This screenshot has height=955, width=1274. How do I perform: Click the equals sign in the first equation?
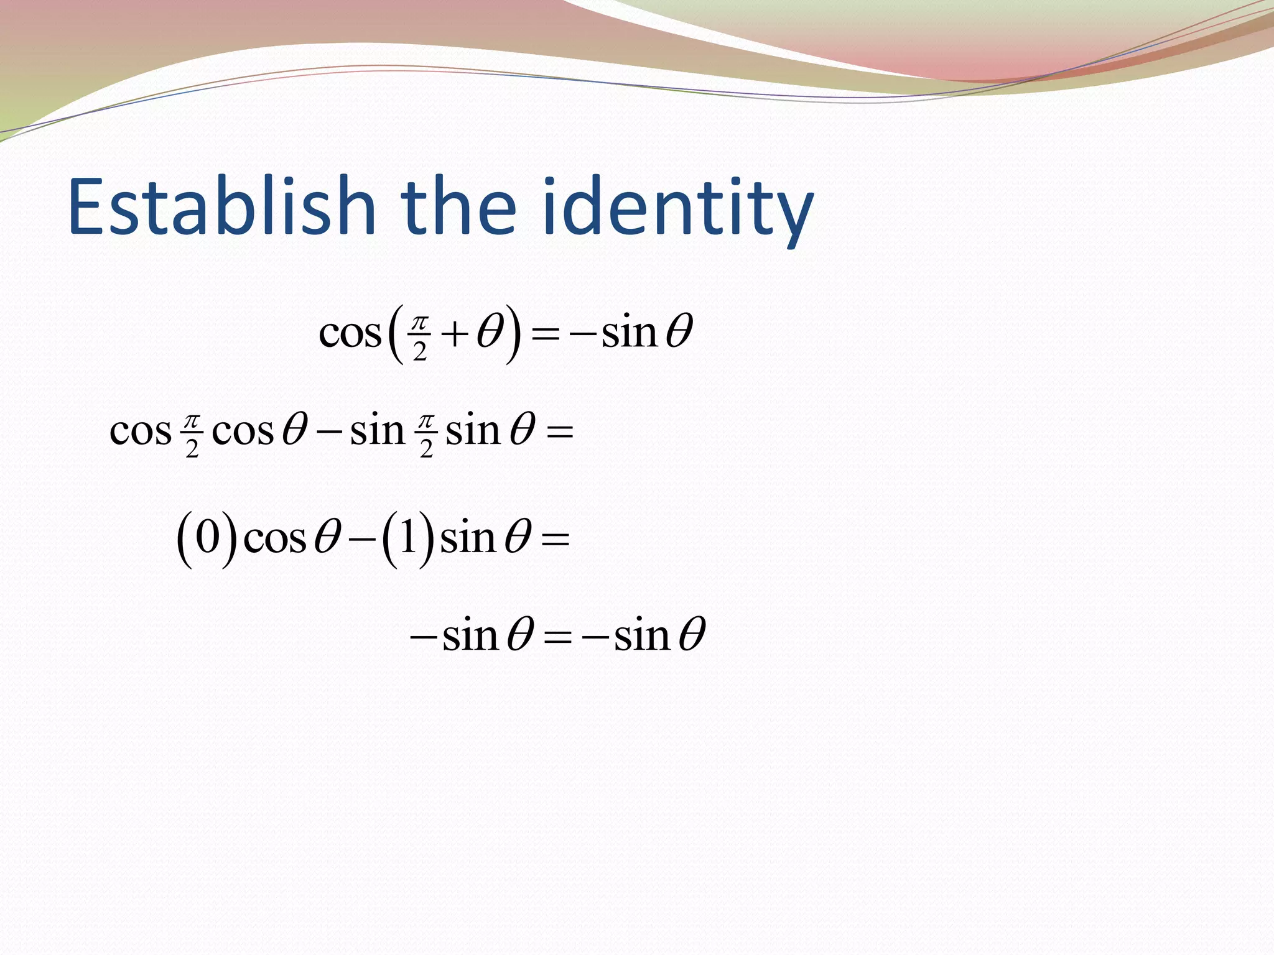[x=546, y=336]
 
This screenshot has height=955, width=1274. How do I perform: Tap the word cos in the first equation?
[x=350, y=334]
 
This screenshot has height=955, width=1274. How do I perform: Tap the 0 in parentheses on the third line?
[x=208, y=537]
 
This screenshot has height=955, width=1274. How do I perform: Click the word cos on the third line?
[x=275, y=538]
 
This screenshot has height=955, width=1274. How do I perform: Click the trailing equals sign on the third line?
[x=556, y=538]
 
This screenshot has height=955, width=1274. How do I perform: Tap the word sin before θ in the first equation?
[x=629, y=333]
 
